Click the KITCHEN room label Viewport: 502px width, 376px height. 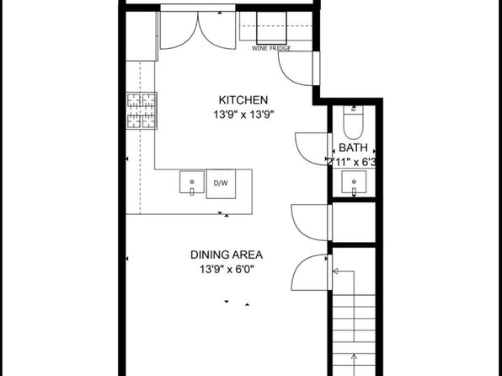pyautogui.click(x=243, y=100)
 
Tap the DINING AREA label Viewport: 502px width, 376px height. pyautogui.click(x=227, y=255)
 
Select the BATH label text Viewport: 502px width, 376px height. pyautogui.click(x=353, y=148)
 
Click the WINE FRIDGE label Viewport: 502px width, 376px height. pyautogui.click(x=271, y=48)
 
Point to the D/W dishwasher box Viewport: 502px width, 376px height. pyautogui.click(x=221, y=184)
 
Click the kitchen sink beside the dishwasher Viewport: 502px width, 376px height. pyautogui.click(x=192, y=182)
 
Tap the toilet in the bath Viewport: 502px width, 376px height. pyautogui.click(x=354, y=122)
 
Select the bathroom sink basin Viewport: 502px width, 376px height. pyautogui.click(x=354, y=182)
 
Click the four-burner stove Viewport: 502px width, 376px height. pyautogui.click(x=142, y=110)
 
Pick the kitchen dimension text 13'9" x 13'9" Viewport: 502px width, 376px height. pyautogui.click(x=244, y=115)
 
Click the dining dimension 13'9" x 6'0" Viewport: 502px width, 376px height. pyautogui.click(x=227, y=269)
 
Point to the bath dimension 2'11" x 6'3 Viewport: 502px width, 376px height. pyautogui.click(x=351, y=163)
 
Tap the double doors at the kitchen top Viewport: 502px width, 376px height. pyautogui.click(x=198, y=30)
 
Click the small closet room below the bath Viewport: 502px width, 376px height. pyautogui.click(x=354, y=223)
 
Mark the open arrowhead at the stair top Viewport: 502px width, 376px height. pyautogui.click(x=335, y=271)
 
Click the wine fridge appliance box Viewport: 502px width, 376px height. pyautogui.click(x=271, y=28)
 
